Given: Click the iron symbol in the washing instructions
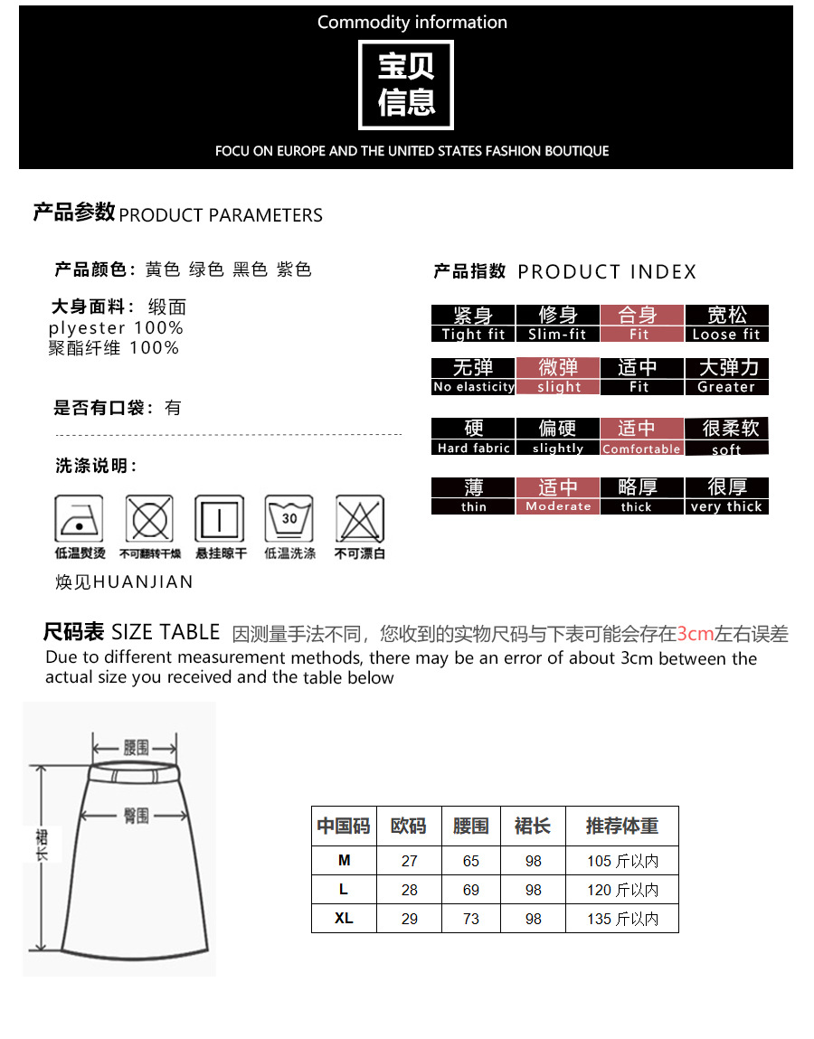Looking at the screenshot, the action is coord(79,519).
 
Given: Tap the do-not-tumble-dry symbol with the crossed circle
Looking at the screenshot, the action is coord(150,519).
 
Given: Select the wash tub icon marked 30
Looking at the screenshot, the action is coord(289,519).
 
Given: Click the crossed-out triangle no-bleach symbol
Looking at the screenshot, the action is coord(360,519).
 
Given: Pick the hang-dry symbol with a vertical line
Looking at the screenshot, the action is coord(220,519).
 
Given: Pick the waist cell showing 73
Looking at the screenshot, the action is coord(471,919).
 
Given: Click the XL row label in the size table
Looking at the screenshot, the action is coord(344,919).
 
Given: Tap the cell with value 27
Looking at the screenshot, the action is coord(410,861).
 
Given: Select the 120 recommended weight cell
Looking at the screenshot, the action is coord(622,890).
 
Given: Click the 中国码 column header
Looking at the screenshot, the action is coord(344,826).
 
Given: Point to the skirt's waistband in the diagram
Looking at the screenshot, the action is coord(135,772).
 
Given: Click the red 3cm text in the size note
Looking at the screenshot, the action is coord(695,634).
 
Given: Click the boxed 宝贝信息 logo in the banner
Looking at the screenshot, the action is coord(406,85).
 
